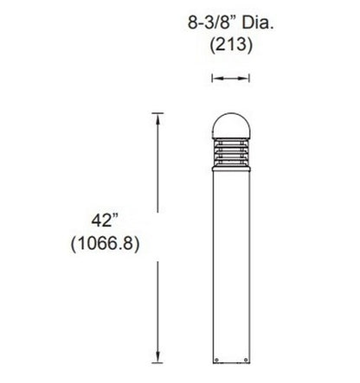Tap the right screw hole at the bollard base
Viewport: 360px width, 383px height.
pos(242,358)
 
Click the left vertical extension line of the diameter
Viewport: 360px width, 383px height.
pos(212,80)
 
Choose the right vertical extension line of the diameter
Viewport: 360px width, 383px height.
pos(248,80)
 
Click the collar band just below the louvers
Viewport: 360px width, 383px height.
pos(230,169)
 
